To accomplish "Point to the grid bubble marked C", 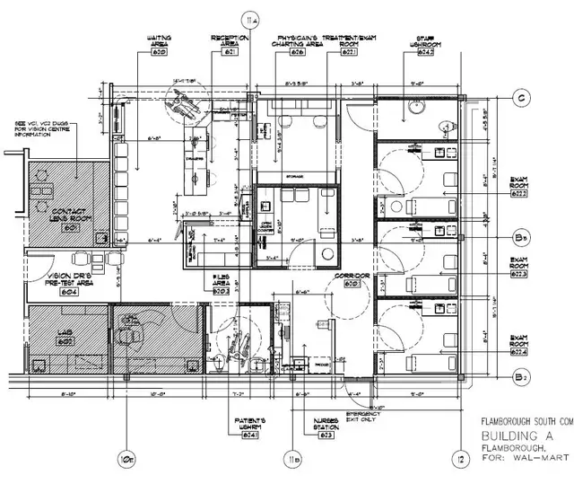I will (518, 98).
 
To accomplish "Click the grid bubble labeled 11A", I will (251, 18).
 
